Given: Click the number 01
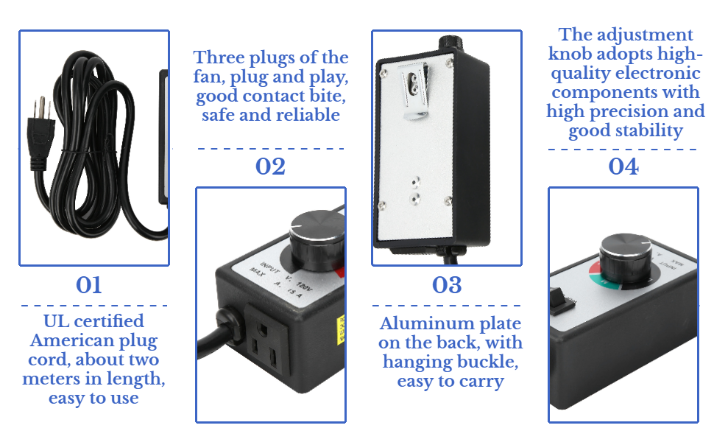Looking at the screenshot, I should pos(89,285).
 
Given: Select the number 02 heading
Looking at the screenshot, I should pos(270,166).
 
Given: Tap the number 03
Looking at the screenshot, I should pos(447,285).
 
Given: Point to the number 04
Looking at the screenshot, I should pos(623,166).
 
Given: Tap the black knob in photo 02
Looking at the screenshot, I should pos(315,236).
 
